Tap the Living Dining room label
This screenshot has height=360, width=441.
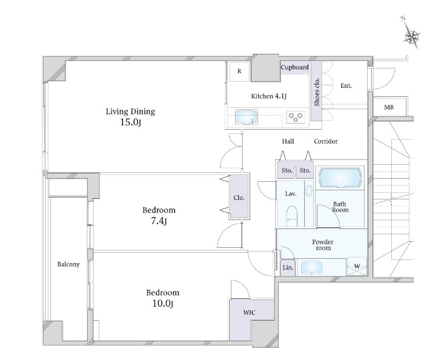click(x=130, y=112)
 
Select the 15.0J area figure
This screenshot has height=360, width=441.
click(x=130, y=122)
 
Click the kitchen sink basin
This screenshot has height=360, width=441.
click(x=247, y=117)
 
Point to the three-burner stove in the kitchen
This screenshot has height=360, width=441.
click(x=296, y=117)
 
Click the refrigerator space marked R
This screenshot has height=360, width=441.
click(x=239, y=72)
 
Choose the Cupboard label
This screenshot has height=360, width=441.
click(x=295, y=67)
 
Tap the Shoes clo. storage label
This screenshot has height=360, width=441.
click(x=317, y=92)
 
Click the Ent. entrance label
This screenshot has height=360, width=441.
click(x=346, y=85)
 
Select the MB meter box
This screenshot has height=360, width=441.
click(x=389, y=107)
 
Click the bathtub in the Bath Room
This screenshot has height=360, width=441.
click(x=340, y=178)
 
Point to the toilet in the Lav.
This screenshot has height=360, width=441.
click(x=291, y=216)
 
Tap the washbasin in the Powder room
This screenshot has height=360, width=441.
click(x=311, y=267)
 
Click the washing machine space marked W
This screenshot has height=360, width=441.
click(x=357, y=266)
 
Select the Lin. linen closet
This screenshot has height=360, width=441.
click(x=288, y=267)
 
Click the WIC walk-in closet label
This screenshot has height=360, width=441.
click(x=249, y=313)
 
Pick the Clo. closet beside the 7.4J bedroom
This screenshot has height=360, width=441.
click(x=239, y=198)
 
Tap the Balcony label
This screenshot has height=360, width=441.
click(x=68, y=264)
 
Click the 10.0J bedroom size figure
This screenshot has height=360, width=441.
click(x=162, y=304)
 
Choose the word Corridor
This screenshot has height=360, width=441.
click(x=326, y=141)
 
